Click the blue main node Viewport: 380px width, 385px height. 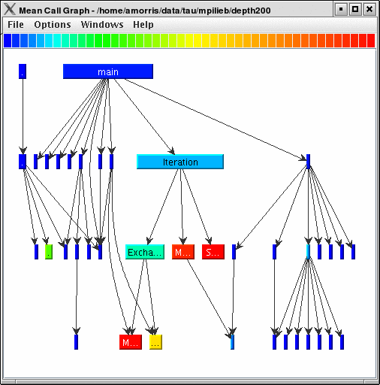[x=107, y=71]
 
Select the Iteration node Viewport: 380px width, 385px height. [x=180, y=162]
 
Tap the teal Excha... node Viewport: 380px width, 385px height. [x=144, y=252]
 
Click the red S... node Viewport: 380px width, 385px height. [x=213, y=252]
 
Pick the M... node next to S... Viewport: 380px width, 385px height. [x=182, y=252]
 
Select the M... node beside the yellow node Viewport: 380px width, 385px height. [x=130, y=342]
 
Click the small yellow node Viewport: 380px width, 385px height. [x=155, y=342]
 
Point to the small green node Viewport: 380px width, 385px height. [x=48, y=252]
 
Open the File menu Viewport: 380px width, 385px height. [x=16, y=25]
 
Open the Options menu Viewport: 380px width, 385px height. [x=53, y=25]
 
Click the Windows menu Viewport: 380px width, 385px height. [x=102, y=25]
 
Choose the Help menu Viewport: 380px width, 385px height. [x=143, y=25]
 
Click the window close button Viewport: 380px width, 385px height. [x=369, y=9]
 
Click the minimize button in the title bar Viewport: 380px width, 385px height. [x=341, y=9]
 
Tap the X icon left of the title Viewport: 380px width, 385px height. [x=10, y=9]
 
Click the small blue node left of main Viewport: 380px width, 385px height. [x=22, y=71]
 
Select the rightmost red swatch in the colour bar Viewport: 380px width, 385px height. [x=370, y=40]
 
